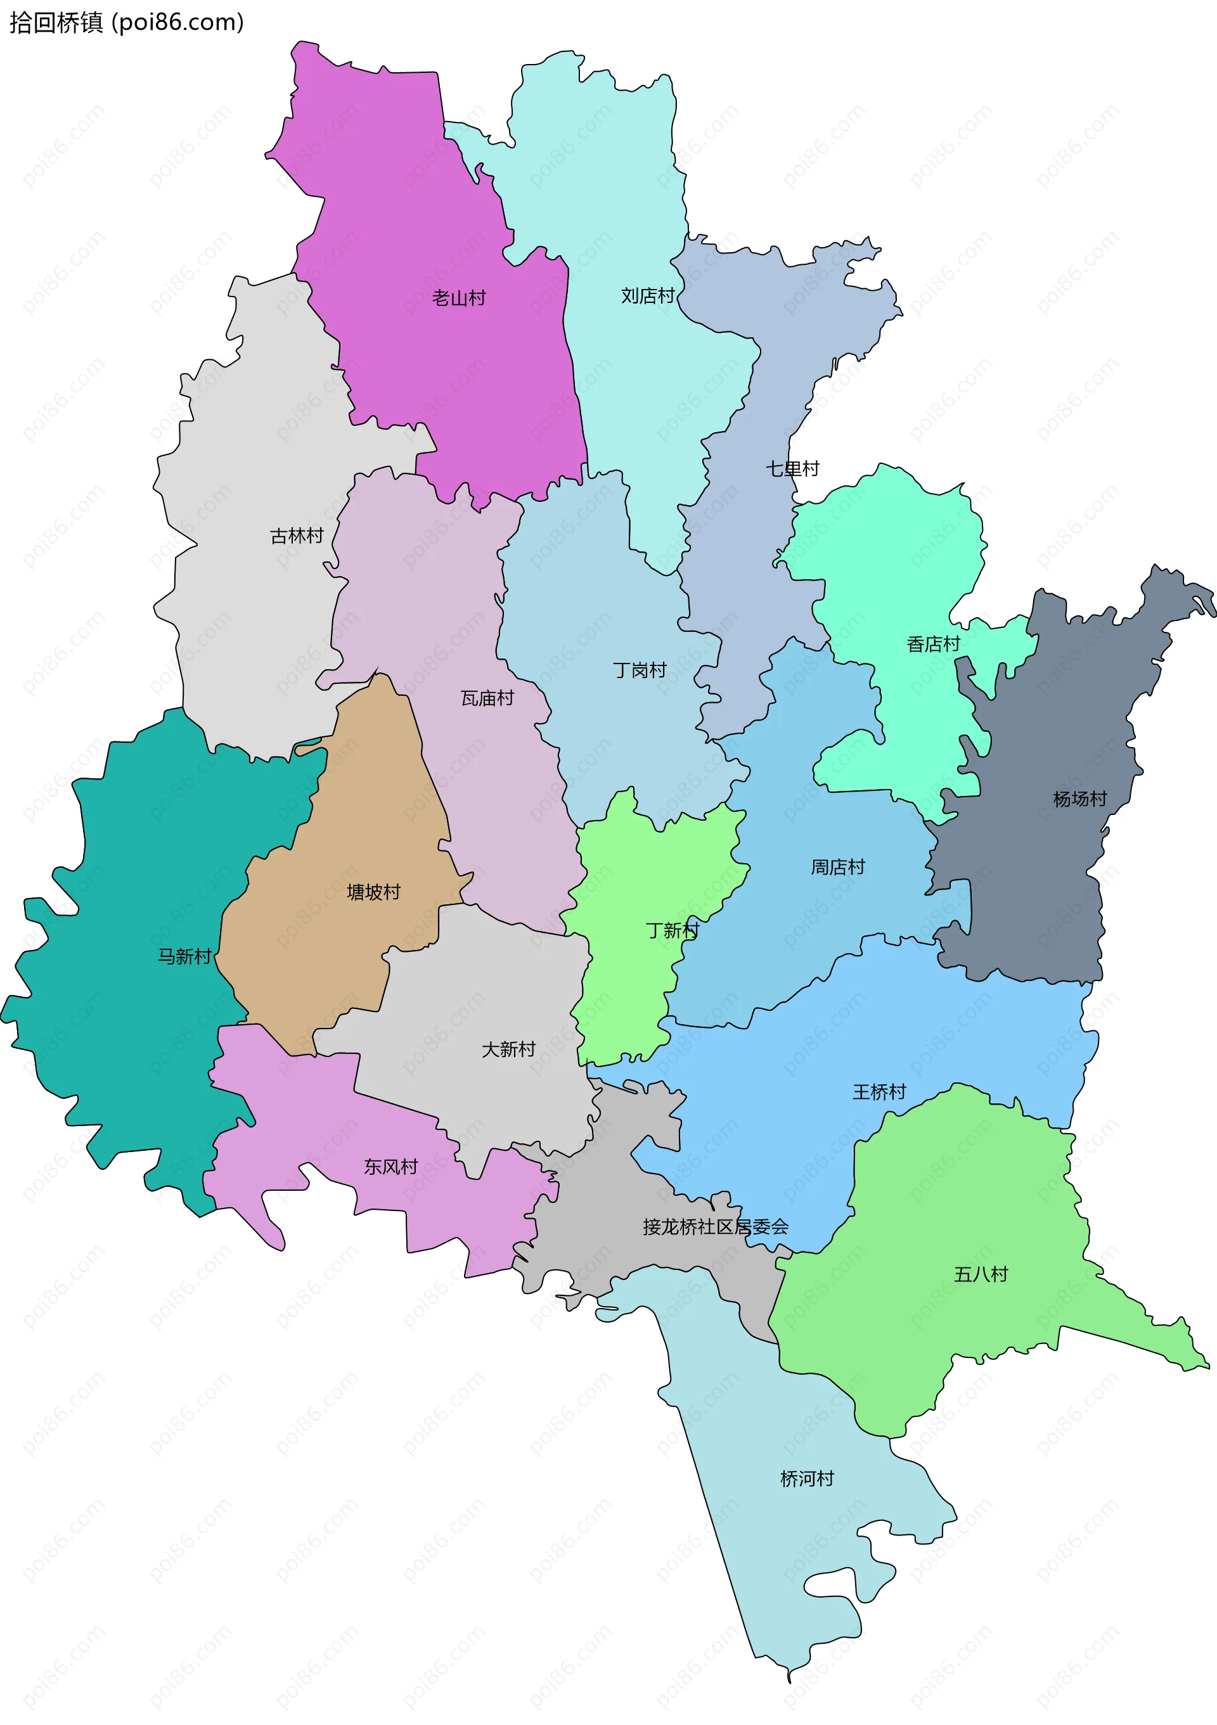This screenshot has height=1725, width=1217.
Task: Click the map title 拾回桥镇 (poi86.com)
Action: pos(126,23)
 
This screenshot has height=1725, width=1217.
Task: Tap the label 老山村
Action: pos(458,298)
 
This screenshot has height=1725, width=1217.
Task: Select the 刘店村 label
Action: pos(648,296)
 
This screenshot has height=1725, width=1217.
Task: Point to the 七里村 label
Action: pos(792,469)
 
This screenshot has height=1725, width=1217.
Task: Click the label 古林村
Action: pos(297,535)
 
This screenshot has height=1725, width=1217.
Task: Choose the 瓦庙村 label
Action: pos(487,699)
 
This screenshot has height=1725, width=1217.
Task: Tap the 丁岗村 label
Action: pos(640,670)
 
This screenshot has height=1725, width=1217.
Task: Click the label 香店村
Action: pos(933,644)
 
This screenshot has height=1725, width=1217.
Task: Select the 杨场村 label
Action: pos(1079,799)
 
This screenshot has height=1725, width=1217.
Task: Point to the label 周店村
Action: pos(837,868)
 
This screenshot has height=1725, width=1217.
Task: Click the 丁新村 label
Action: pos(673,931)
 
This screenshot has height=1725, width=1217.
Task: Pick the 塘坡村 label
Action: pos(373,892)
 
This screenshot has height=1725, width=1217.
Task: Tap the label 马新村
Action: pos(184,956)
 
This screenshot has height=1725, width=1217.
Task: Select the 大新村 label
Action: pos(508,1049)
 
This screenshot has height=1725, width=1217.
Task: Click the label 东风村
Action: pos(390,1167)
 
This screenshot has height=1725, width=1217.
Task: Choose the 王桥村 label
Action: pos(879,1093)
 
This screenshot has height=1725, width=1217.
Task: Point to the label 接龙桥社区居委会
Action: pos(715,1228)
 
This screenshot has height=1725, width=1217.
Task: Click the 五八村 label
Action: pos(981,1274)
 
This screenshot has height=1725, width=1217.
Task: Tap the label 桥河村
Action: pos(807,1479)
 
